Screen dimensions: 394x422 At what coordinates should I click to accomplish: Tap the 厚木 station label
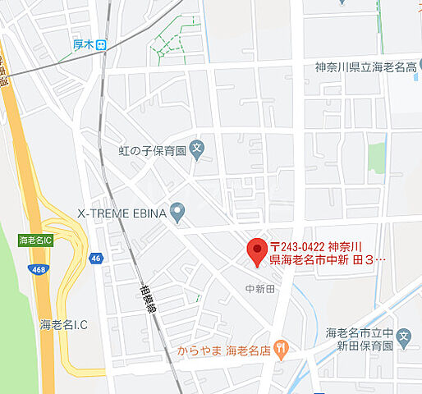(x=80, y=46)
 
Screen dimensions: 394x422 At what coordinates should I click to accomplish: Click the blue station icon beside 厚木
(x=101, y=46)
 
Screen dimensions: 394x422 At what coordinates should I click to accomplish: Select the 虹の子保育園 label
(x=153, y=150)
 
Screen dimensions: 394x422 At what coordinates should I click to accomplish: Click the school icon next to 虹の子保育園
(x=196, y=149)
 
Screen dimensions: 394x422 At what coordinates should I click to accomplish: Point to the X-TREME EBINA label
(x=122, y=213)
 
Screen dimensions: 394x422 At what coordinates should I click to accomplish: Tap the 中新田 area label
(x=261, y=288)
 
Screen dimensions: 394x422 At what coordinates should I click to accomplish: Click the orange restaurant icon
(x=282, y=349)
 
